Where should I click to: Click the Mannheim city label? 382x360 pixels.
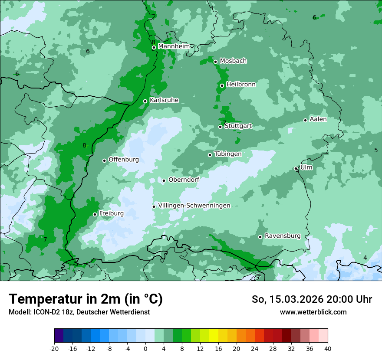tap(174, 46)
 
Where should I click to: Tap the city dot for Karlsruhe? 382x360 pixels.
tap(145, 101)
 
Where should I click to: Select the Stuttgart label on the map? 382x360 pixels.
tap(238, 126)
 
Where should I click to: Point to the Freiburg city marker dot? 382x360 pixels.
tap(95, 214)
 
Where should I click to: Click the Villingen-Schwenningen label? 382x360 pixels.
tap(194, 205)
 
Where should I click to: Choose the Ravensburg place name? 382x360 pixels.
tap(282, 236)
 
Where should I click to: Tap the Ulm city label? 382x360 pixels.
tap(306, 167)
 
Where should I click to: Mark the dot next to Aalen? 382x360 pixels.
tap(305, 120)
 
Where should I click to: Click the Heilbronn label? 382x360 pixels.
tap(241, 84)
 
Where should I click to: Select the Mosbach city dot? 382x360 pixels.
tap(215, 62)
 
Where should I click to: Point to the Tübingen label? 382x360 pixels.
tap(227, 154)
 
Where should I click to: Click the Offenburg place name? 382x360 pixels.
tap(123, 159)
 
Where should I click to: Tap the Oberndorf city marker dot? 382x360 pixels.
tap(164, 180)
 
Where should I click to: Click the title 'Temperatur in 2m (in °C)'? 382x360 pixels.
tap(86, 299)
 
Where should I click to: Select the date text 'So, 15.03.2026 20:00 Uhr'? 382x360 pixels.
tap(312, 299)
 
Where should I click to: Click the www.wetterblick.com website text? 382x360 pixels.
tap(313, 312)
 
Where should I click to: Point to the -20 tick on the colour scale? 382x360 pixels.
tap(54, 348)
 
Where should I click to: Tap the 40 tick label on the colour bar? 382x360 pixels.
tap(327, 348)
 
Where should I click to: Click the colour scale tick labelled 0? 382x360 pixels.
tap(145, 348)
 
